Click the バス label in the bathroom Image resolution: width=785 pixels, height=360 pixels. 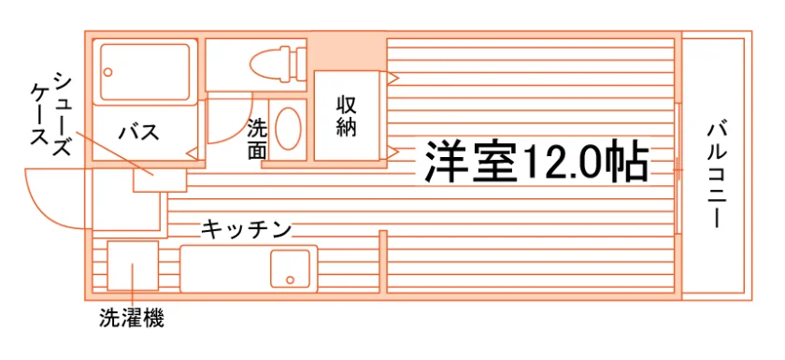pyautogui.click(x=139, y=133)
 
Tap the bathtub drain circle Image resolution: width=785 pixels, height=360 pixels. pyautogui.click(x=108, y=71)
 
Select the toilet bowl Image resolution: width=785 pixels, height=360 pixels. pyautogui.click(x=269, y=64)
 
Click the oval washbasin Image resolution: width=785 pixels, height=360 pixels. pyautogui.click(x=288, y=128)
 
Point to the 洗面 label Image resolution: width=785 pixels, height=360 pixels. pyautogui.click(x=257, y=139)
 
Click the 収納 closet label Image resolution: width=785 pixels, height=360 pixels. pyautogui.click(x=346, y=116)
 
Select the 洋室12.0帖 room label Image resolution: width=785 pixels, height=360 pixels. pyautogui.click(x=535, y=161)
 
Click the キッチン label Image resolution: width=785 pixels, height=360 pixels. pyautogui.click(x=247, y=230)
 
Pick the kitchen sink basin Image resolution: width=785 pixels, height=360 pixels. pyautogui.click(x=291, y=269)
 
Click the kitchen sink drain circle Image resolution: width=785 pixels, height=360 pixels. pyautogui.click(x=290, y=280)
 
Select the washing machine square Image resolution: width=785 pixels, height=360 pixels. pyautogui.click(x=133, y=266)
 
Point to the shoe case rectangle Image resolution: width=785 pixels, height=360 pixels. pyautogui.click(x=160, y=180)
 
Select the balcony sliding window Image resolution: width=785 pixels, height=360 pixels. pyautogui.click(x=678, y=169)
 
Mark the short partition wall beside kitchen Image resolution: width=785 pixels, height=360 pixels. pyautogui.click(x=383, y=261)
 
